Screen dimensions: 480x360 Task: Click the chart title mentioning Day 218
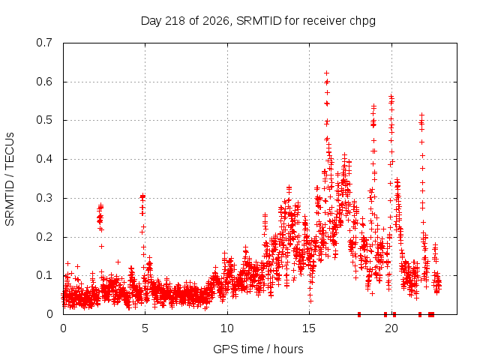click(x=258, y=21)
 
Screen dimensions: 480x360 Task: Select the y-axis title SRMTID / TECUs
click(x=10, y=179)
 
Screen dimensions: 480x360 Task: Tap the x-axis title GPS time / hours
click(x=258, y=349)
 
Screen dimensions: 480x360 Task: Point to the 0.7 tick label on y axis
click(x=44, y=43)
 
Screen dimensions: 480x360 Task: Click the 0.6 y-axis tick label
click(x=44, y=82)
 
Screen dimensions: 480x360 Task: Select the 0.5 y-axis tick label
click(x=44, y=120)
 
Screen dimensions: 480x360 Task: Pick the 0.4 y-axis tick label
click(x=44, y=159)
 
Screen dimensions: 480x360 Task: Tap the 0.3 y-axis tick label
click(x=44, y=198)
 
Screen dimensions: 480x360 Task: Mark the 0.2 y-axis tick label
click(x=44, y=237)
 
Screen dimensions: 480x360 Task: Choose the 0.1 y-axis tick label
click(x=44, y=275)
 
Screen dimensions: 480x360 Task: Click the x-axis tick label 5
click(x=145, y=328)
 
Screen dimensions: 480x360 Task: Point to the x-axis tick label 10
click(x=227, y=328)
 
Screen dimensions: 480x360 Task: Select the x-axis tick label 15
click(x=309, y=328)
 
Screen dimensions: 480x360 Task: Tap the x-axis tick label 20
click(x=391, y=328)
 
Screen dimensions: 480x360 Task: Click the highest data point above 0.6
click(x=327, y=73)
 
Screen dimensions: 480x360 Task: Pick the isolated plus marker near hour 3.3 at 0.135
click(x=118, y=262)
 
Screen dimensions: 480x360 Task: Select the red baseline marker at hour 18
click(x=359, y=314)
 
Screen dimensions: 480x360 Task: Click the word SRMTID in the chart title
click(x=259, y=21)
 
